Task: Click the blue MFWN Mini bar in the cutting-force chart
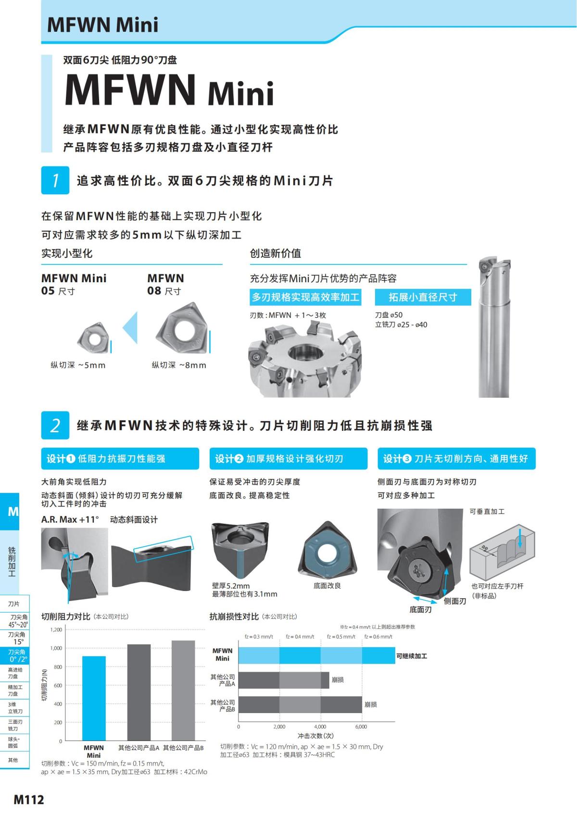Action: pos(94,698)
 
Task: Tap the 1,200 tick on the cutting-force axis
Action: pos(56,629)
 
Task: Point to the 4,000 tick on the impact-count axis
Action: pos(320,727)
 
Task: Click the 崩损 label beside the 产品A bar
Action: pos(338,680)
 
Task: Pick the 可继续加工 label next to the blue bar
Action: pos(412,656)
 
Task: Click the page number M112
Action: pos(29,800)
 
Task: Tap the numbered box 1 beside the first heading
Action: pos(55,180)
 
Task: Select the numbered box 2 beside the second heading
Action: pos(55,425)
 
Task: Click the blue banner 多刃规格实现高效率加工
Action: pos(305,297)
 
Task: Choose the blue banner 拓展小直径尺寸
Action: pos(423,297)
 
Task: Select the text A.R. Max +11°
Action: pos(70,519)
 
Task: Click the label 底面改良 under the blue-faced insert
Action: pos(327,585)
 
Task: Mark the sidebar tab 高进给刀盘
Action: pos(15,673)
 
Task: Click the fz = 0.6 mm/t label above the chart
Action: pos(378,637)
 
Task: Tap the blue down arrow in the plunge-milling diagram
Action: pos(520,538)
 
